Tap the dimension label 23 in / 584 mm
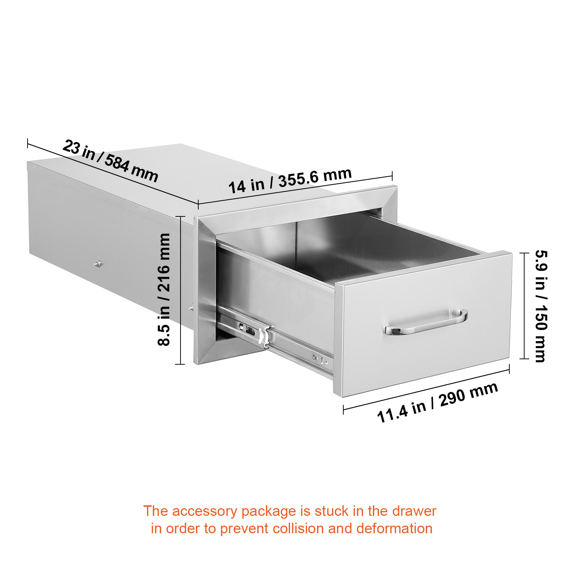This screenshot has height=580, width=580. tap(111, 161)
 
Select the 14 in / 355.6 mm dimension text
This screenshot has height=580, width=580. tap(290, 180)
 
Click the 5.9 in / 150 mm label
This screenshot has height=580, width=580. tap(541, 306)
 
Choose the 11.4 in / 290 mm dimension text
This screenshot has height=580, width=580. tap(438, 402)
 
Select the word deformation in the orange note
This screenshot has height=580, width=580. tap(394, 529)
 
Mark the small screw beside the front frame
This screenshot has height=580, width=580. tap(191, 308)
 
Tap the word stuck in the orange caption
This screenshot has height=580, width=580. tap(331, 511)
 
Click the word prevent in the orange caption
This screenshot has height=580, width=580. tap(244, 529)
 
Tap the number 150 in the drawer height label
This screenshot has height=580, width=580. tap(541, 318)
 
